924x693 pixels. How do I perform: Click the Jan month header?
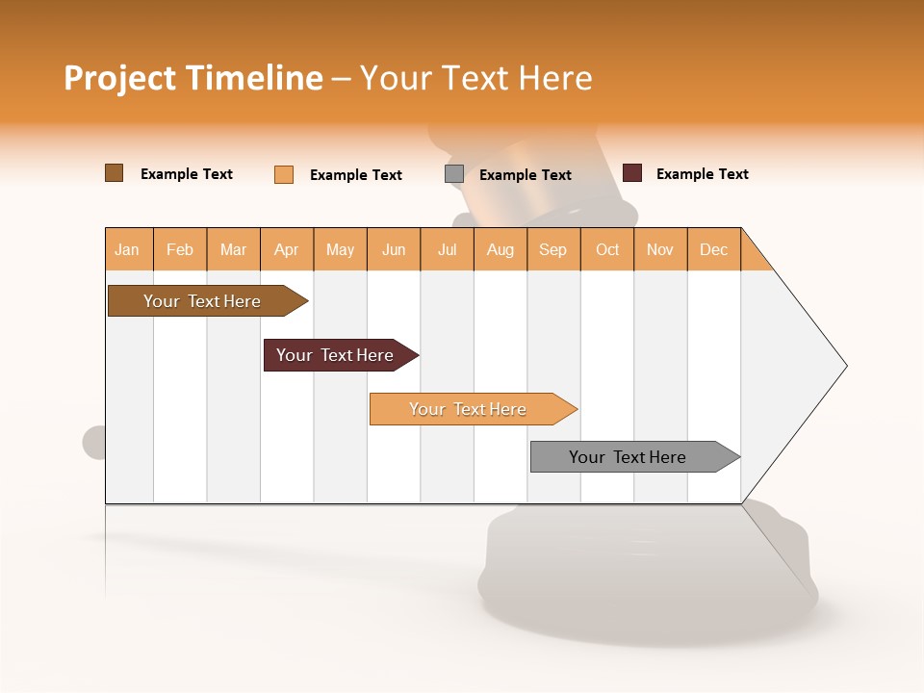tap(128, 249)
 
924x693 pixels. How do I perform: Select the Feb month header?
tap(180, 249)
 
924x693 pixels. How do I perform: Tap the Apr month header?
tap(287, 249)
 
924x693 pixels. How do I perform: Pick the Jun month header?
tap(394, 249)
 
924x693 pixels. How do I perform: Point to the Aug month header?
tap(500, 249)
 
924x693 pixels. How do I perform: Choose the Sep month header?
tap(553, 249)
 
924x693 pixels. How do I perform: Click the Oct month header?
tap(607, 249)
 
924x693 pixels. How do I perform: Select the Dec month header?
tap(714, 249)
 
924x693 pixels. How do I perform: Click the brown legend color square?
tap(114, 173)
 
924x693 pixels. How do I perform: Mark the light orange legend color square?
tap(284, 174)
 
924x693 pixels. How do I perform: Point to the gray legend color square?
tap(454, 173)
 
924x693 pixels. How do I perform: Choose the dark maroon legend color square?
tap(632, 173)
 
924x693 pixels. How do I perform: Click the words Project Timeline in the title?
tap(192, 78)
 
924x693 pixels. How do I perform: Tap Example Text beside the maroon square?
tap(702, 174)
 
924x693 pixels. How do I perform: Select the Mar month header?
tap(234, 249)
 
